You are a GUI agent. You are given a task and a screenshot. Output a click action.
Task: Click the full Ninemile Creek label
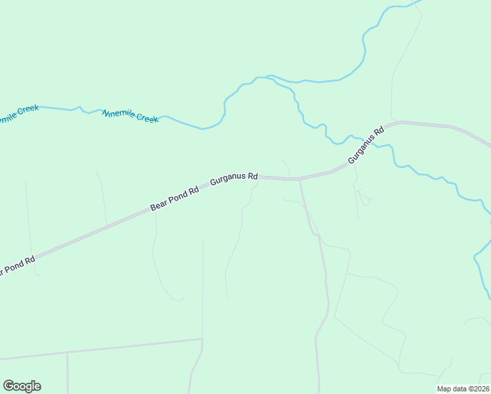(131, 116)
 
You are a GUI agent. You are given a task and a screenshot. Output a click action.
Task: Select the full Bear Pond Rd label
(174, 199)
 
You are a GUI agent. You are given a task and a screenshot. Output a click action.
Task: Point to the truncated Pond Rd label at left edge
(17, 265)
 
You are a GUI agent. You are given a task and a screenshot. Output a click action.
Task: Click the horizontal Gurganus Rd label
(234, 179)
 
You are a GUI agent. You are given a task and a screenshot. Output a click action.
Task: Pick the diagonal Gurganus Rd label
(365, 146)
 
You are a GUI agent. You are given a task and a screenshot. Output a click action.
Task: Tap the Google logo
(22, 386)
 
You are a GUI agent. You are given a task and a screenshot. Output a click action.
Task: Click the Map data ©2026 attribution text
(463, 389)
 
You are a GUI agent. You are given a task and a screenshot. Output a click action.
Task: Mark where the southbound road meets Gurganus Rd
(300, 179)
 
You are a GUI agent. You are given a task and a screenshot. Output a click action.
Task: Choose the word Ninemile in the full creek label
(118, 114)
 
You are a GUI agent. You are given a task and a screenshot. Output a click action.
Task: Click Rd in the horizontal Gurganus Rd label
(253, 177)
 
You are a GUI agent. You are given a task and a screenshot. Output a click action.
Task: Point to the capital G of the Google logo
(9, 386)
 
